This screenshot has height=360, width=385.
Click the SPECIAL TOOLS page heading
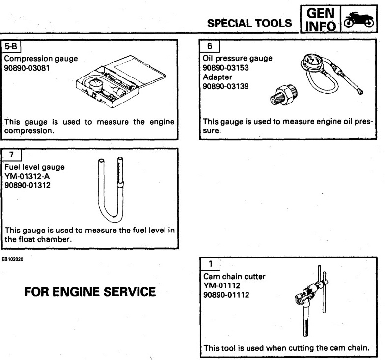(250, 23)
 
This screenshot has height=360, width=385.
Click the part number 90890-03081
(29, 68)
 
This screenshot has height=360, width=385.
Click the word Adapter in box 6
(217, 77)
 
